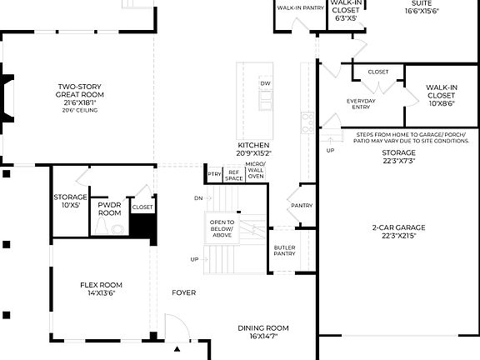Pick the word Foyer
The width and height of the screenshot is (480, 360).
click(183, 292)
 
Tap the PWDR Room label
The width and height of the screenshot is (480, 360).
click(110, 208)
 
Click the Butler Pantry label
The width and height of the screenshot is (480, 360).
click(284, 251)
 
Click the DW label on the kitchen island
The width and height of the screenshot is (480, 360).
click(265, 84)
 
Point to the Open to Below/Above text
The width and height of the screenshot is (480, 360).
click(222, 228)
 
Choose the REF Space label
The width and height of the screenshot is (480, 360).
click(234, 175)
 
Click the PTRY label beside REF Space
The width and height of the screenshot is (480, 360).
click(215, 173)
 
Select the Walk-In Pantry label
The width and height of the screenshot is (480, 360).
click(300, 7)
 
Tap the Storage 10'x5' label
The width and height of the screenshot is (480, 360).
click(70, 201)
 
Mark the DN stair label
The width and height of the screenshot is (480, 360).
click(197, 198)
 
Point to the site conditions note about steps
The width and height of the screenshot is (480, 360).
click(412, 137)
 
